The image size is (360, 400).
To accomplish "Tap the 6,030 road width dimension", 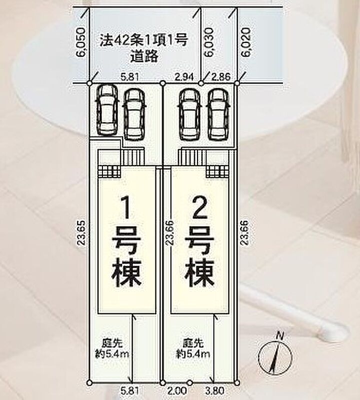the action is [208, 42].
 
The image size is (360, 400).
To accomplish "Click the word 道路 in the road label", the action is [144, 56].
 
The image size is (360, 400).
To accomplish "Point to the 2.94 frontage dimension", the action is [184, 77].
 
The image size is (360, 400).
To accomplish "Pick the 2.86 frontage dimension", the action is [221, 77].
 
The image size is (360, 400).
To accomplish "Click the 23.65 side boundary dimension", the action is [82, 233].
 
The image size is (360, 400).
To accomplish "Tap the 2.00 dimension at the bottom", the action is [176, 390].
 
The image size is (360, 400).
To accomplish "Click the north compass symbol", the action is [275, 356].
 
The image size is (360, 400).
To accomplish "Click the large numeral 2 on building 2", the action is [199, 207].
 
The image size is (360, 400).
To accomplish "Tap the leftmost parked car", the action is [107, 110].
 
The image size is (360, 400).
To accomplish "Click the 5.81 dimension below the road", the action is [130, 77].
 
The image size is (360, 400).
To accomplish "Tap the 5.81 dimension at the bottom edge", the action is [130, 390].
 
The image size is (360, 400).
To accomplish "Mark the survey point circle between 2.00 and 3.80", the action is [189, 382].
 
